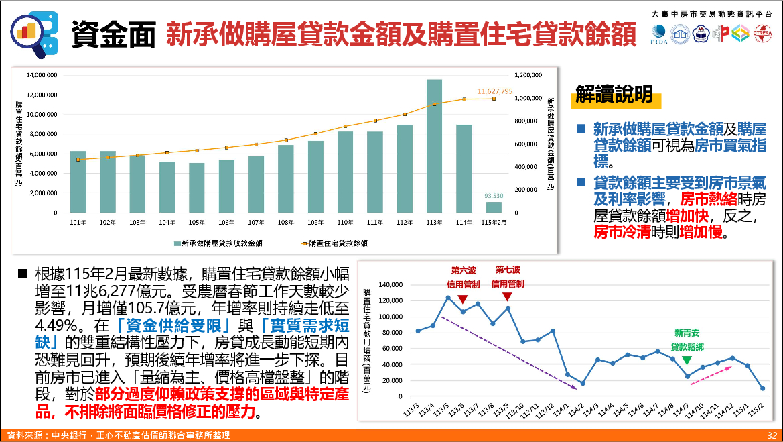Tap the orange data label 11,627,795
click(495, 91)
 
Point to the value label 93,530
click(494, 196)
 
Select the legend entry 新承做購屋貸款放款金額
click(215, 243)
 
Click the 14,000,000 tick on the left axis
click(42, 75)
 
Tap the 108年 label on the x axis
click(285, 222)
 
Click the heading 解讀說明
click(614, 95)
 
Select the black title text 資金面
click(114, 34)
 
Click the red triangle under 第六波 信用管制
click(464, 298)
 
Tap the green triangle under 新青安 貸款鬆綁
click(687, 360)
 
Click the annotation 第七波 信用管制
click(508, 276)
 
